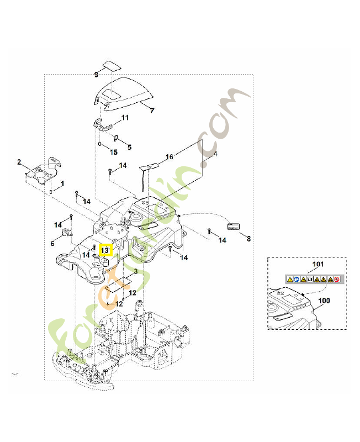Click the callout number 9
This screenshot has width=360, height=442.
pyautogui.click(x=96, y=74)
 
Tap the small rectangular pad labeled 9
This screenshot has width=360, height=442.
pyautogui.click(x=113, y=65)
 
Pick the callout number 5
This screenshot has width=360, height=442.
pyautogui.click(x=130, y=147)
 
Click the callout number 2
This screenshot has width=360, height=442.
pyautogui.click(x=19, y=162)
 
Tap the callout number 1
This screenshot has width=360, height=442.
pyautogui.click(x=62, y=183)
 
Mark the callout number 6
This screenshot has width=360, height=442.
pyautogui.click(x=52, y=243)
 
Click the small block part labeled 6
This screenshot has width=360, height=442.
pyautogui.click(x=68, y=232)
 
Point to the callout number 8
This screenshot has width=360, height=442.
pyautogui.click(x=248, y=239)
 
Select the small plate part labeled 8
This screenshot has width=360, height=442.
pyautogui.click(x=235, y=226)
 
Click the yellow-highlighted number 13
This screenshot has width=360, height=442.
pyautogui.click(x=105, y=250)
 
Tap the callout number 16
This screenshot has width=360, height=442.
pyautogui.click(x=170, y=157)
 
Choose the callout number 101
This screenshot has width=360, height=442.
pyautogui.click(x=316, y=265)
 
